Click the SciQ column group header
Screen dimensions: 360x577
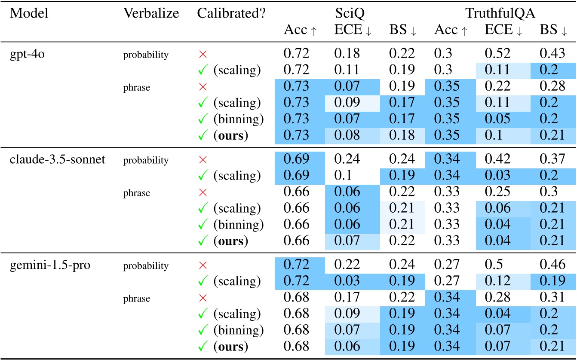click(349, 14)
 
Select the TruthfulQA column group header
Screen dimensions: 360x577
click(499, 14)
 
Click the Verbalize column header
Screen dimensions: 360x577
click(151, 14)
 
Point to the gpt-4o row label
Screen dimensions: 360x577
click(26, 54)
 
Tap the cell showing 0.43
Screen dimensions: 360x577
click(552, 54)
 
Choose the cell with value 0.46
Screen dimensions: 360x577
click(552, 265)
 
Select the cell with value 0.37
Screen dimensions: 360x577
click(552, 160)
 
